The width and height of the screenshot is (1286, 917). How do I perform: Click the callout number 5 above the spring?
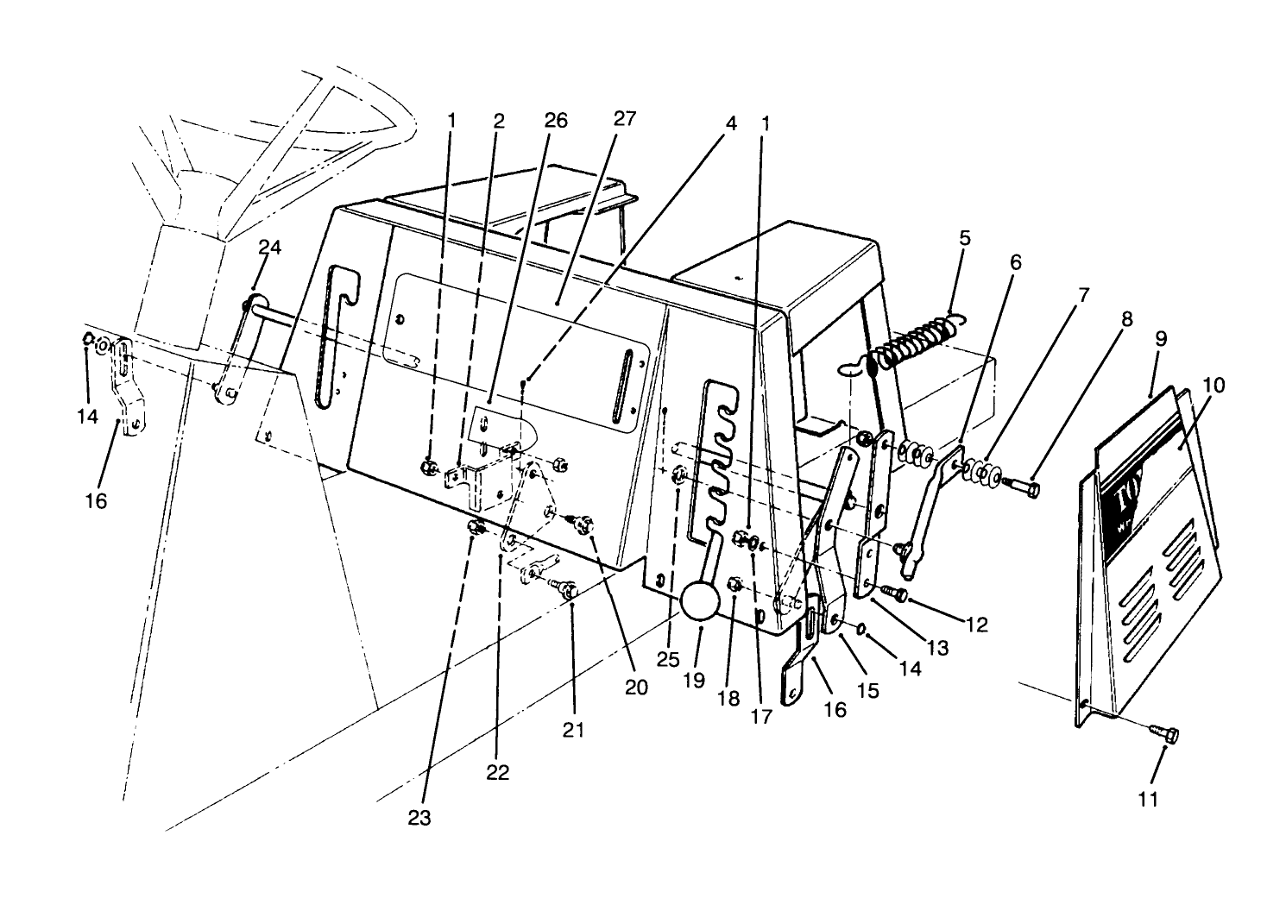[965, 237]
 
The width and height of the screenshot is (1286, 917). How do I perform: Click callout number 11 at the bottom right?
[1147, 800]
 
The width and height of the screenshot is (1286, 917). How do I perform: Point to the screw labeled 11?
[1164, 734]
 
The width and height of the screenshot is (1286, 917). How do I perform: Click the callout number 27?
[624, 119]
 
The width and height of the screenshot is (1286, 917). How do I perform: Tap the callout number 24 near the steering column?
[269, 248]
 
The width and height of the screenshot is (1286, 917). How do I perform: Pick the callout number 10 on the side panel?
[1214, 385]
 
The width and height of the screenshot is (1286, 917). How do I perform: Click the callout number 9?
[1157, 338]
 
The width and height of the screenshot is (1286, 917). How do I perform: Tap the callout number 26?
[557, 121]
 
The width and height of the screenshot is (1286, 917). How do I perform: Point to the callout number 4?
[731, 123]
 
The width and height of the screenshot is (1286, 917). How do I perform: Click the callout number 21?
[574, 730]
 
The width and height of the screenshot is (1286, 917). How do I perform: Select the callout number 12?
[976, 625]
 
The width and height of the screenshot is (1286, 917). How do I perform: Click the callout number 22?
[497, 772]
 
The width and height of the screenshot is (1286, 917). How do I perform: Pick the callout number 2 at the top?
[498, 121]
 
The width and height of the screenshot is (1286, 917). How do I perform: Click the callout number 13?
[937, 647]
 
